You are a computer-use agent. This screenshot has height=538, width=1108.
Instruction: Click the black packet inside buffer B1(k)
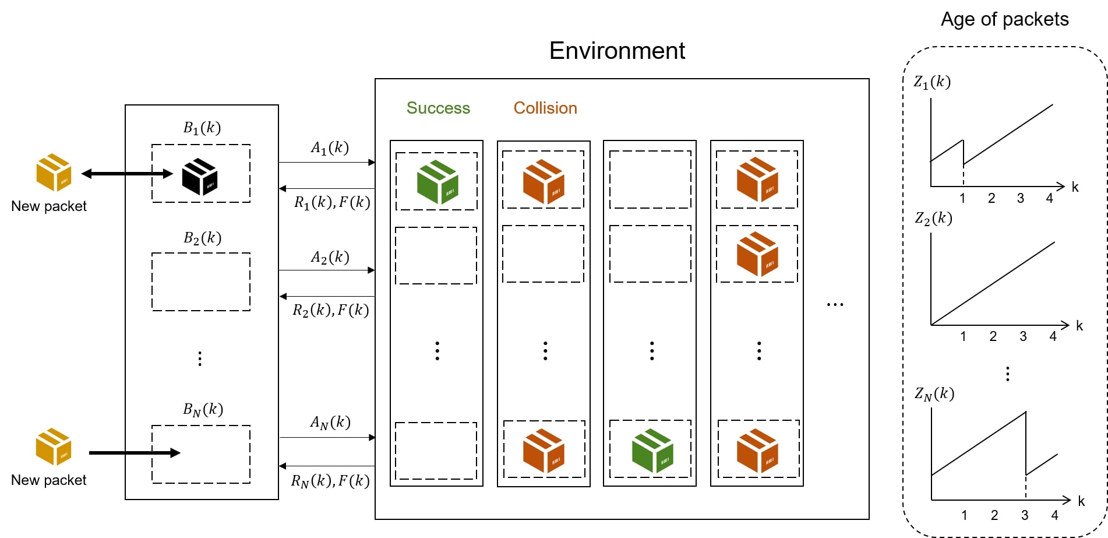click(199, 176)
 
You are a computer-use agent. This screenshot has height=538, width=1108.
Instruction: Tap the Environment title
click(617, 51)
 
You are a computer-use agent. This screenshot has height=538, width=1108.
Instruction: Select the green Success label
click(438, 108)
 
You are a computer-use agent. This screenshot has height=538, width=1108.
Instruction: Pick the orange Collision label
click(545, 108)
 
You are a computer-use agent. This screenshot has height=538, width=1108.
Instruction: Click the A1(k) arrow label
click(330, 148)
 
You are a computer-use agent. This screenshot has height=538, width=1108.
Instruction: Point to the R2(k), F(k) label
click(330, 310)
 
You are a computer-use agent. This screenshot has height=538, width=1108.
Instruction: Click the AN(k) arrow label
click(330, 422)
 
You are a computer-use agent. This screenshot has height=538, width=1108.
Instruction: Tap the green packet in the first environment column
click(437, 182)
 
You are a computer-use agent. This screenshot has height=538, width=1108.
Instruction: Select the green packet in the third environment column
click(652, 450)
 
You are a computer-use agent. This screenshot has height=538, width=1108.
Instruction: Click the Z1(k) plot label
click(932, 82)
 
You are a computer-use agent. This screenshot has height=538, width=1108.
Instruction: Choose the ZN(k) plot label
click(934, 394)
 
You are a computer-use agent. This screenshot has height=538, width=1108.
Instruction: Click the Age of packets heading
click(1004, 19)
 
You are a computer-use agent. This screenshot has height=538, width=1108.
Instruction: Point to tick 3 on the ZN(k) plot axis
click(1025, 515)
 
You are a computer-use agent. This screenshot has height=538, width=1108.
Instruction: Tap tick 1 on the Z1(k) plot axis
click(962, 198)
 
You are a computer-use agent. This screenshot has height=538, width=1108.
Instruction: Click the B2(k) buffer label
click(202, 238)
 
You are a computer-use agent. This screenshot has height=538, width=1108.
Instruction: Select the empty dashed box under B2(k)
click(201, 282)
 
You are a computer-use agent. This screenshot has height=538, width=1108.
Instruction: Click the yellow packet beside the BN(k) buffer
click(54, 446)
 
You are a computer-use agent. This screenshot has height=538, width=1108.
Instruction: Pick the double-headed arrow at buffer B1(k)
click(127, 174)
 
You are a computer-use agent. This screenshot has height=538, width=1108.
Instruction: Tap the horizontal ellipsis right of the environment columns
click(835, 304)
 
